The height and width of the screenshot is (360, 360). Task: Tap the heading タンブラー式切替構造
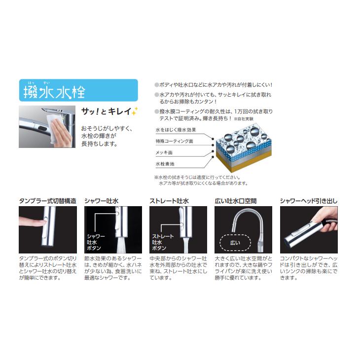tap(47, 201)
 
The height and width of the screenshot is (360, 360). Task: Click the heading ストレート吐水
tap(169, 201)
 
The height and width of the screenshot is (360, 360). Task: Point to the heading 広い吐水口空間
tap(236, 201)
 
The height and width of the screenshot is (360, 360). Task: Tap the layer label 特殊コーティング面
tap(175, 141)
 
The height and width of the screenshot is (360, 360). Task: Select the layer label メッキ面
tap(164, 153)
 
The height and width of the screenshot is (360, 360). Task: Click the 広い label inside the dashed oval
tap(235, 243)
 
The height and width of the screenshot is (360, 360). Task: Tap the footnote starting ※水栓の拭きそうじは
tap(198, 177)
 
